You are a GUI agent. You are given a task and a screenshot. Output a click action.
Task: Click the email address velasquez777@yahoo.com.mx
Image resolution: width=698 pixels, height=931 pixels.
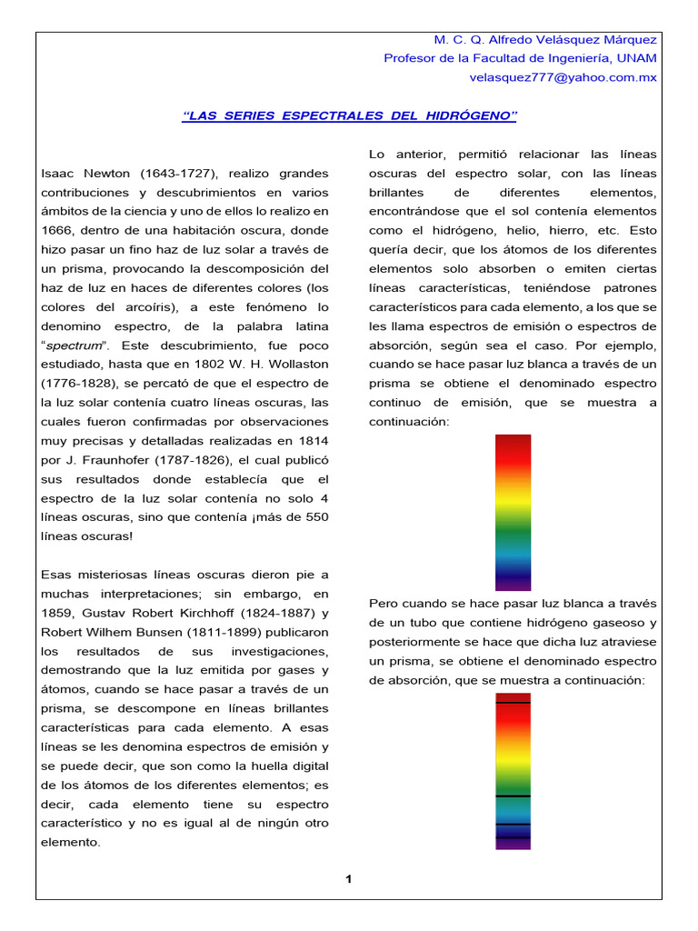coord(563,77)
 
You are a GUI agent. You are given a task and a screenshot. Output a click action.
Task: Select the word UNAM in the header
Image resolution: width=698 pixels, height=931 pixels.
coord(637,58)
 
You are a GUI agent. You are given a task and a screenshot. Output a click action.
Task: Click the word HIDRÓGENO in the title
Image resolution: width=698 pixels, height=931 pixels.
coord(468,115)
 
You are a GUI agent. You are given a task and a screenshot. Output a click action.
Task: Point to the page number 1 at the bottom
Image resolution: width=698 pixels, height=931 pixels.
coord(348,878)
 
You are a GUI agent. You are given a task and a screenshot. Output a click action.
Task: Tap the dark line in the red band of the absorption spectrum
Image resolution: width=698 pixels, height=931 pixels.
coord(513,703)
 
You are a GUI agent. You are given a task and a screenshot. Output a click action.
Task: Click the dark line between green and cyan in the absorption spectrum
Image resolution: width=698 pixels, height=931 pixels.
coord(513,796)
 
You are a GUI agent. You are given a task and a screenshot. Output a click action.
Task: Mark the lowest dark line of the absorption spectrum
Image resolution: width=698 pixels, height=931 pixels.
coord(513,836)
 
